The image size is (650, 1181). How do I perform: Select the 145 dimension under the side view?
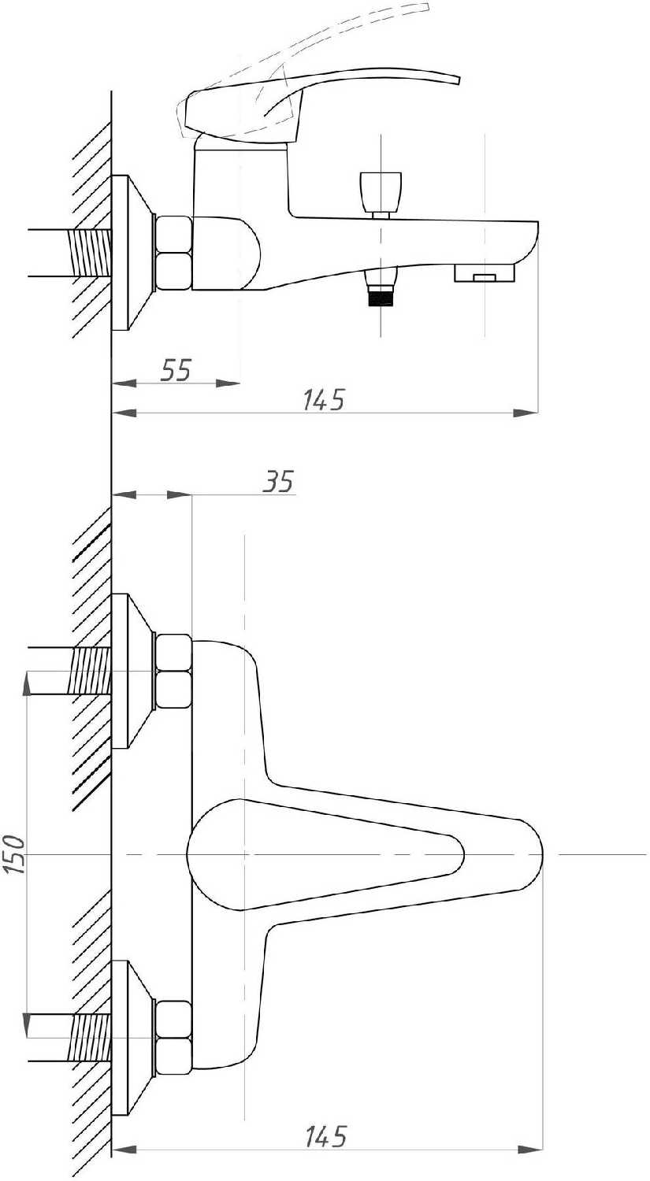(x=324, y=400)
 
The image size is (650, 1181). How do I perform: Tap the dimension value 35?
(x=279, y=480)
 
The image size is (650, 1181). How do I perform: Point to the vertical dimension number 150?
(x=14, y=854)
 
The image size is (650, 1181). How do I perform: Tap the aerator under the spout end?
(x=484, y=274)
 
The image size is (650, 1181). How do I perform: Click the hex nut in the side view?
(x=174, y=252)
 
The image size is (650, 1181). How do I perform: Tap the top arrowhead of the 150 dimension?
(x=28, y=683)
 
